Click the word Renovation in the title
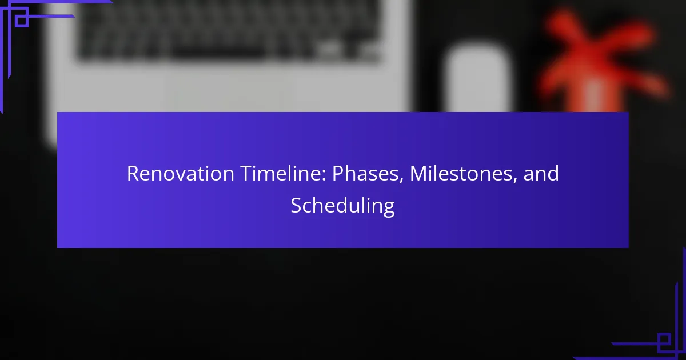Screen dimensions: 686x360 click(x=181, y=173)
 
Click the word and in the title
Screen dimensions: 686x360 click(x=541, y=173)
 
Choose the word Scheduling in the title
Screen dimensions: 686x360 click(x=342, y=206)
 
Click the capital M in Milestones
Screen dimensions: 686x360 click(x=418, y=174)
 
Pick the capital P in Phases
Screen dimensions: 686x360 click(x=338, y=174)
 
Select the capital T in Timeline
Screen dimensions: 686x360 click(x=246, y=174)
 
